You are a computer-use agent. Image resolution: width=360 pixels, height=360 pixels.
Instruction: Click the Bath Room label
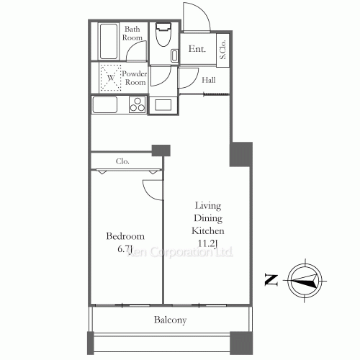132,33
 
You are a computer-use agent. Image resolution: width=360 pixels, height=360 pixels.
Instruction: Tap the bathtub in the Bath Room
108,42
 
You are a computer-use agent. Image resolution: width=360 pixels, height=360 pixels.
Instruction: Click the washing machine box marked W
111,78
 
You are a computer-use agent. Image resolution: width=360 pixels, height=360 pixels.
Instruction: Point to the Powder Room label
135,78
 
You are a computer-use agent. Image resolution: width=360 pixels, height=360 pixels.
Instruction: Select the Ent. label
197,50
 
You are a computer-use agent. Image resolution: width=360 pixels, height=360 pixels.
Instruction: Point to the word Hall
209,81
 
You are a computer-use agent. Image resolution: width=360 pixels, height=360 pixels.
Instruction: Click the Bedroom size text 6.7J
125,249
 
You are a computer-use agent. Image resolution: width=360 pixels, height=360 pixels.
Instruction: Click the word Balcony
170,320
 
